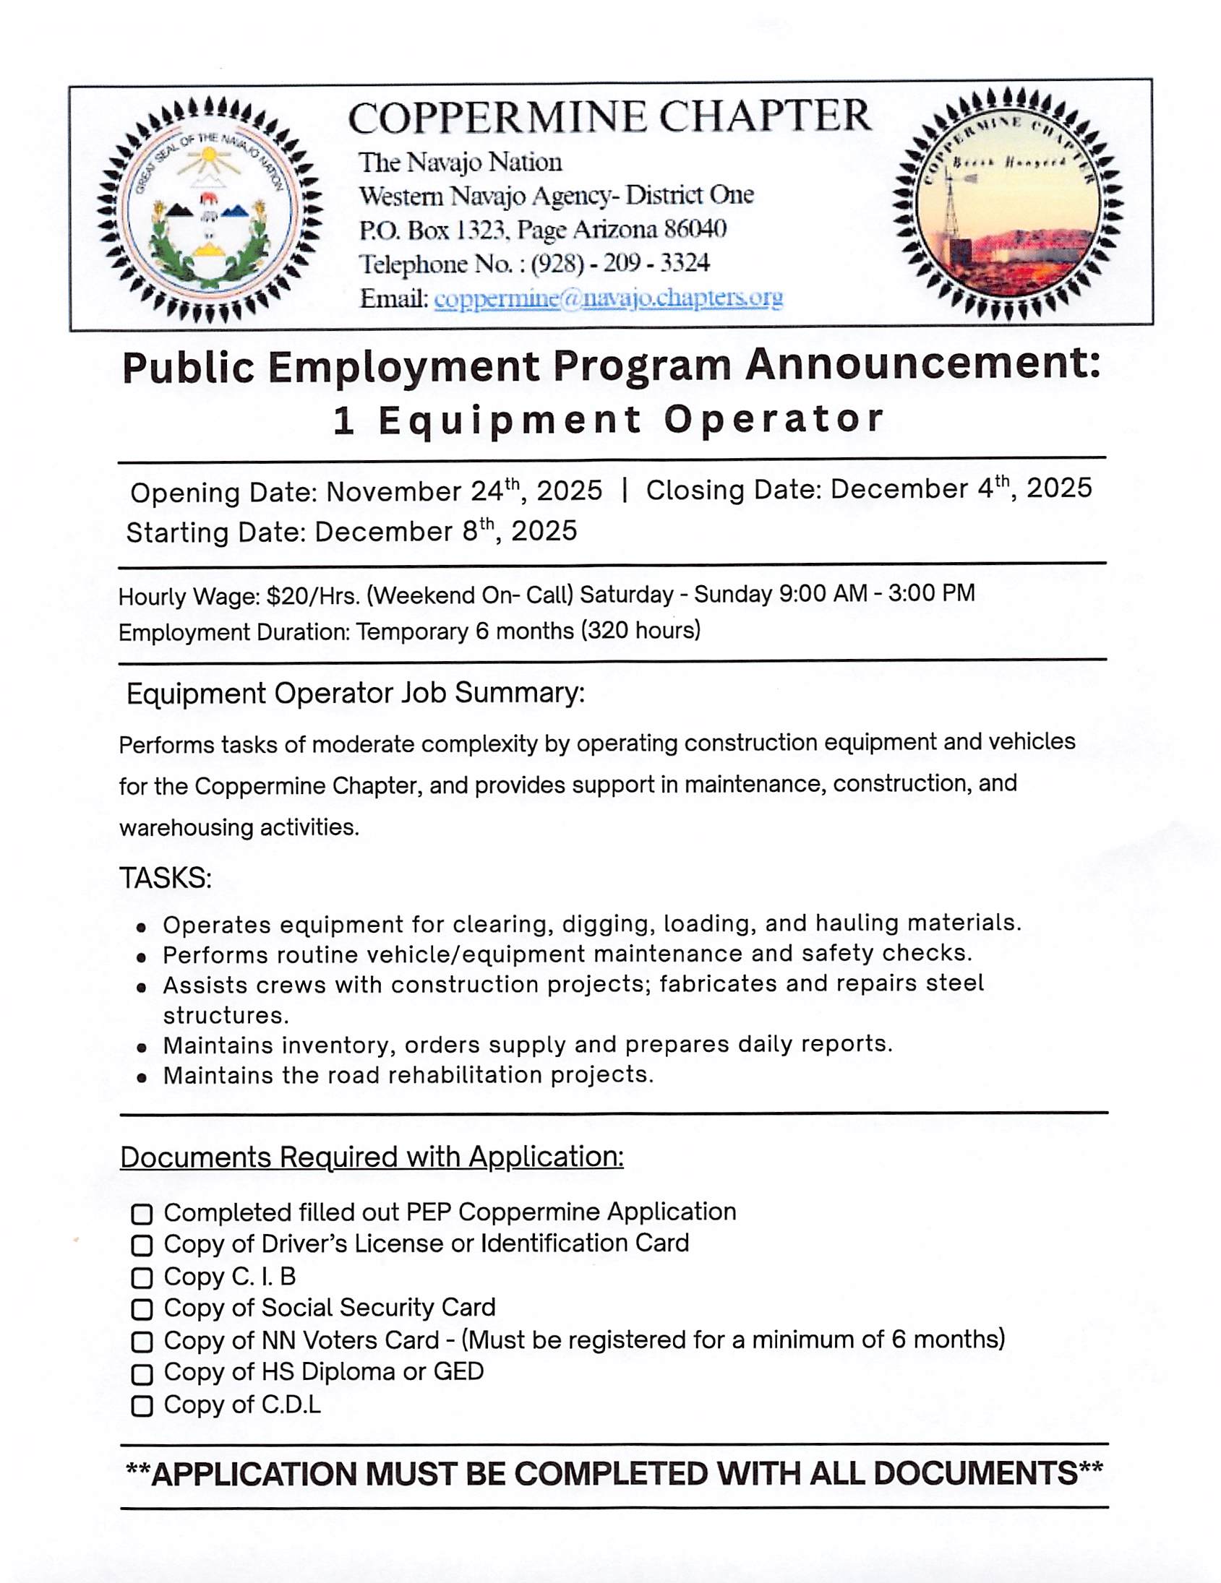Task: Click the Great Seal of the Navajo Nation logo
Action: [x=209, y=210]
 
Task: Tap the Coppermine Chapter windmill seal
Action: [x=1006, y=205]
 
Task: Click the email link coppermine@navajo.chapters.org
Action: [x=607, y=298]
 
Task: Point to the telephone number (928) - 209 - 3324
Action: [x=620, y=263]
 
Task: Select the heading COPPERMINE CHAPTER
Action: [x=609, y=117]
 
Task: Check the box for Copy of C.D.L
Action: [x=142, y=1407]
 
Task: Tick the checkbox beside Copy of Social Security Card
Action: [x=142, y=1310]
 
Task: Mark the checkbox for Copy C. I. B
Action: [x=142, y=1278]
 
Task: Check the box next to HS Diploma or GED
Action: [x=142, y=1374]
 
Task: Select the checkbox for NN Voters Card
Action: [x=142, y=1342]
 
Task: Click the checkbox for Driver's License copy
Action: [x=142, y=1246]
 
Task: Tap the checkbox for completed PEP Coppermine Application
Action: [x=142, y=1214]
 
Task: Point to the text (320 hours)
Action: [x=641, y=631]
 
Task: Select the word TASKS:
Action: [x=166, y=879]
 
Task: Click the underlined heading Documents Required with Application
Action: [x=372, y=1157]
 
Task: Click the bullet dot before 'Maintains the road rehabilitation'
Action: [x=142, y=1078]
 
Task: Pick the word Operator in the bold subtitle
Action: [x=774, y=420]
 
